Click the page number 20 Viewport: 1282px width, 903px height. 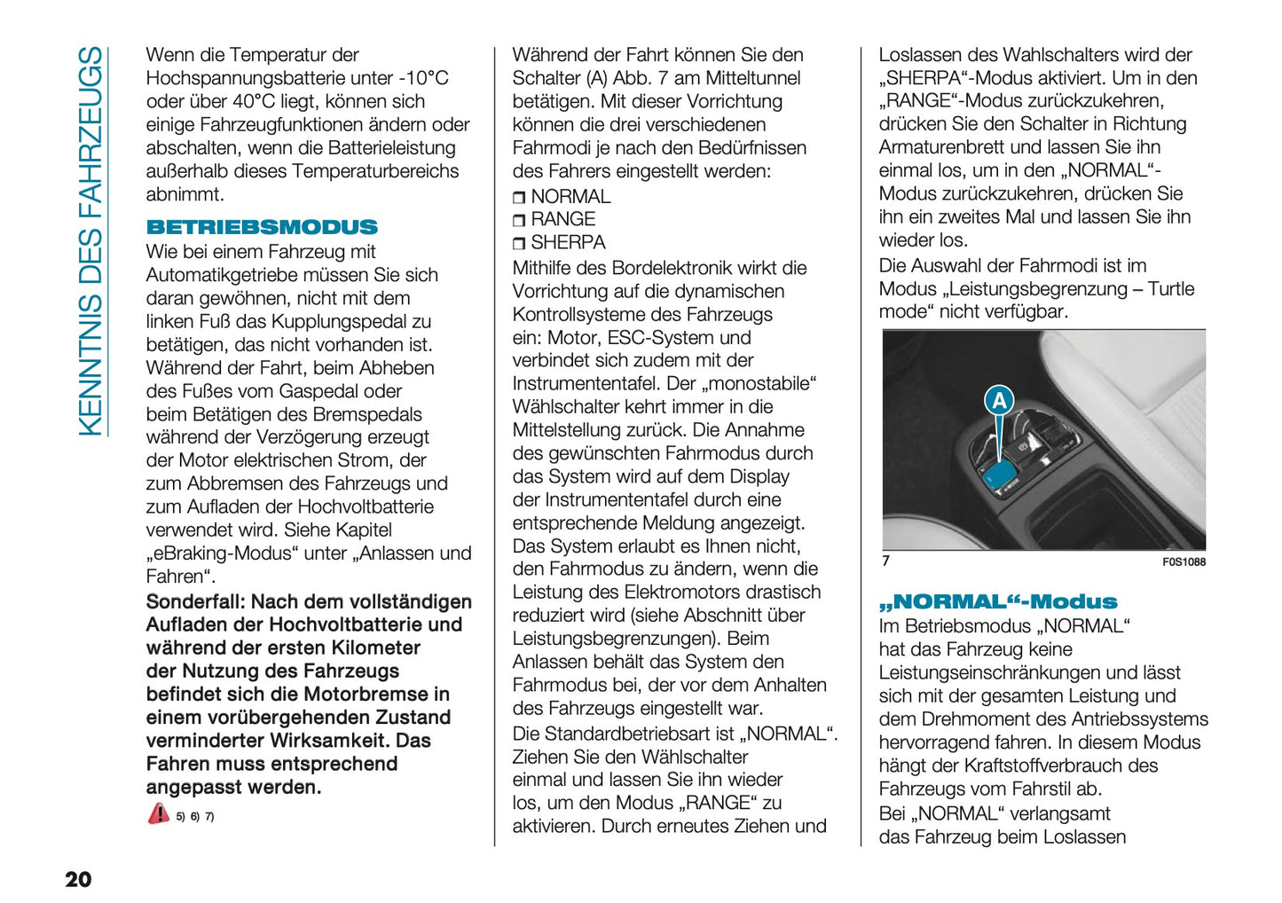78,879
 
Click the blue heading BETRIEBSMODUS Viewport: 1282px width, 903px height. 262,227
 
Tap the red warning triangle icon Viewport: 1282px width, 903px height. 158,813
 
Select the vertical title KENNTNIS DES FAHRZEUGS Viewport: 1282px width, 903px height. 90,241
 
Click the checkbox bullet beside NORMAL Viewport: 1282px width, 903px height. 519,198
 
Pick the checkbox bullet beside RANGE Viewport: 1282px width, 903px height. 519,220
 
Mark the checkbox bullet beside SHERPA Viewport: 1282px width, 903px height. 519,243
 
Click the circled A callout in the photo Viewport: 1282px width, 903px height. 999,401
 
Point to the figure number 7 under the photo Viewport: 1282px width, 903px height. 885,561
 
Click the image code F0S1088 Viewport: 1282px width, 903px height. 1184,561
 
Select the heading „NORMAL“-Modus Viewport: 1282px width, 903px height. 998,601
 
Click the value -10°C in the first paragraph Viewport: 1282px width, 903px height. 423,78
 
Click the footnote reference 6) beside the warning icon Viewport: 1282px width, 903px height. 194,816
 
